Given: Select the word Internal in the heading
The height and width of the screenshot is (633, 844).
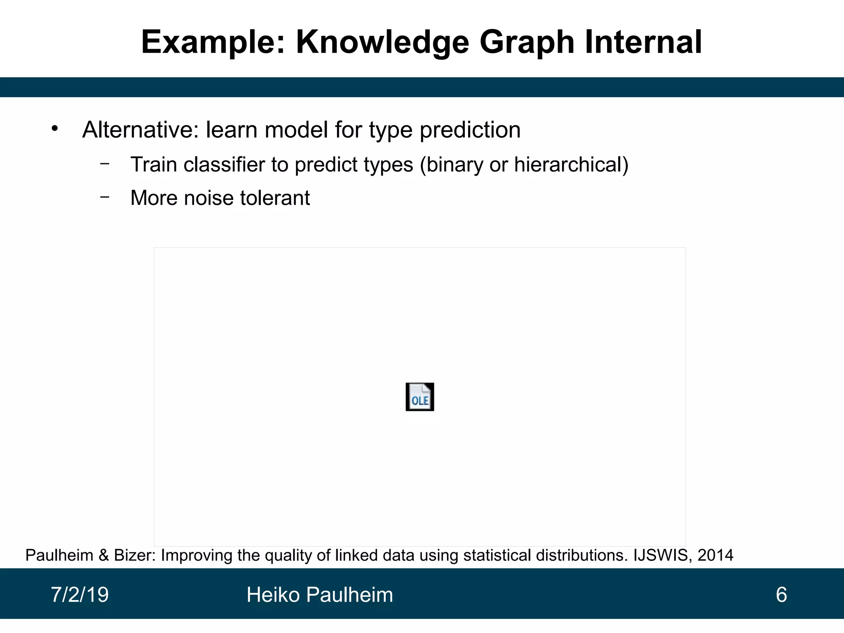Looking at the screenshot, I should pyautogui.click(x=643, y=42).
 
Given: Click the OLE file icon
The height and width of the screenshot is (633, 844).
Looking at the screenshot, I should pyautogui.click(x=420, y=397).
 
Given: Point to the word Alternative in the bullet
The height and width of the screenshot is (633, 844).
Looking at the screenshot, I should pyautogui.click(x=141, y=130).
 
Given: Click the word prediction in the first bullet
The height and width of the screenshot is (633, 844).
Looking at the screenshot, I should pyautogui.click(x=470, y=130).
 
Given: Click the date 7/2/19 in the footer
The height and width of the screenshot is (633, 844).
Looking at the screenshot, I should pyautogui.click(x=80, y=595).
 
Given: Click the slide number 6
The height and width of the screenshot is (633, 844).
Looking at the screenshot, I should pyautogui.click(x=781, y=595).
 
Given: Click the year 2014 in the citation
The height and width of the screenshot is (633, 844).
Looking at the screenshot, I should pyautogui.click(x=715, y=556).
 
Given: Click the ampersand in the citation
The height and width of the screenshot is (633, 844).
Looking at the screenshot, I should pyautogui.click(x=103, y=556).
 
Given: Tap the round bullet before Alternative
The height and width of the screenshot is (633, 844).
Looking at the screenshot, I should pyautogui.click(x=55, y=129).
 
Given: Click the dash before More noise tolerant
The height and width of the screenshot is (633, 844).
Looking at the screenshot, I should pyautogui.click(x=105, y=197).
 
